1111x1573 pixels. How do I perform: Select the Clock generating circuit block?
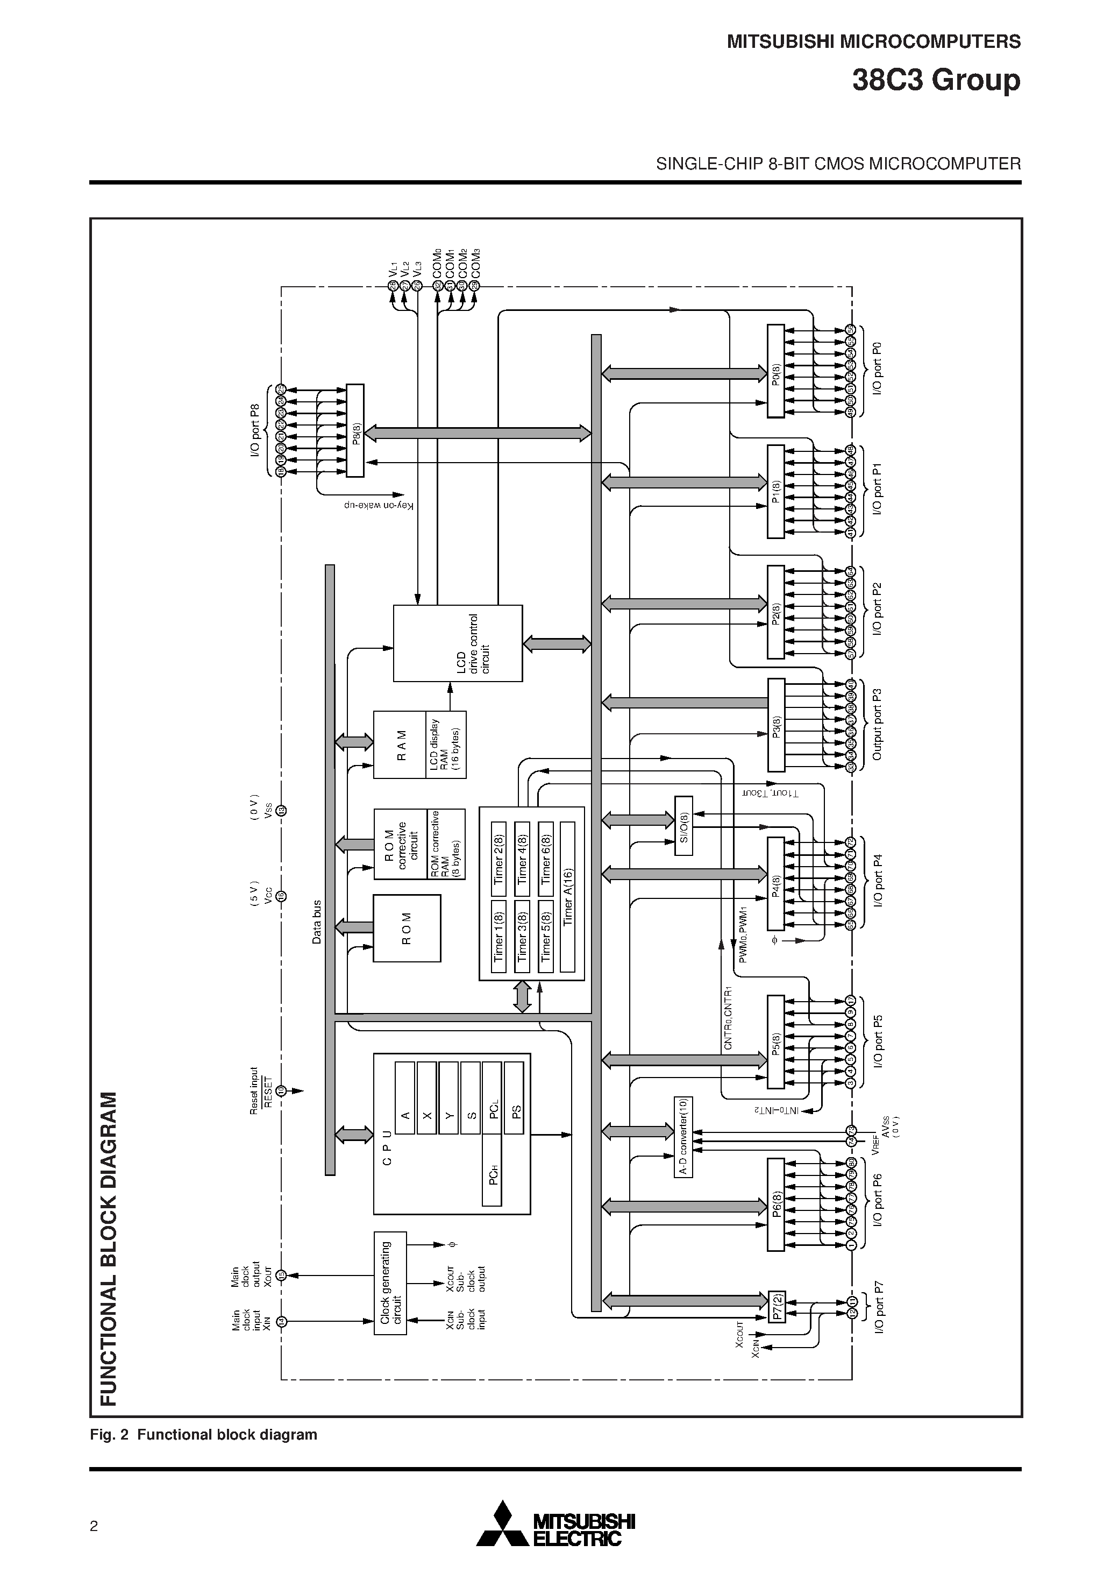(390, 1283)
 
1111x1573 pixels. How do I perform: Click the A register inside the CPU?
(405, 1098)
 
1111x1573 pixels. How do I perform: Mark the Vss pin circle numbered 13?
(281, 811)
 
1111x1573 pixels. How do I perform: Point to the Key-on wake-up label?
(380, 506)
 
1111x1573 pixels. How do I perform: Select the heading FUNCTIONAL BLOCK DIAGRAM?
(108, 1248)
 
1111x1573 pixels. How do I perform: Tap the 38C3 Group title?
(936, 80)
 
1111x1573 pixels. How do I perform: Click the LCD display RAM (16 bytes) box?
(446, 745)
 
